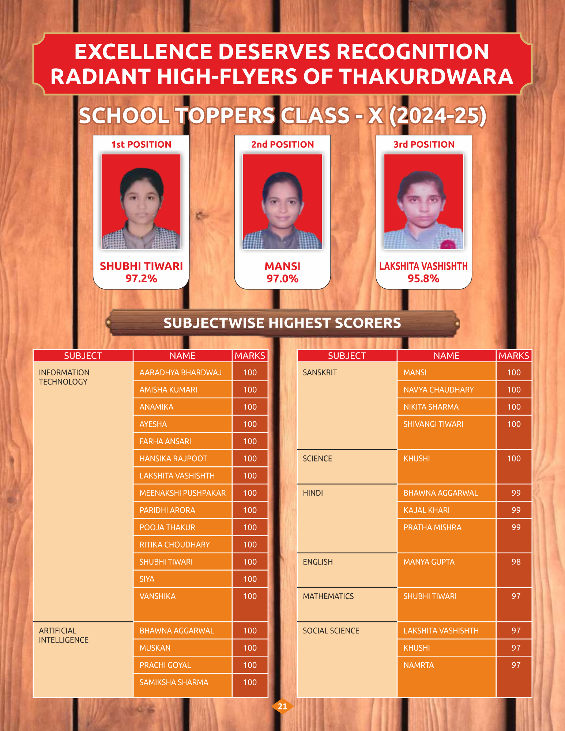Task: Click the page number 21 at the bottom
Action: (282, 706)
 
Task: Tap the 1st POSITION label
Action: (141, 144)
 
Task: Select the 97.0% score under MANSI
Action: (282, 279)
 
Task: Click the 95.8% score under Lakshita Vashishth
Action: (423, 279)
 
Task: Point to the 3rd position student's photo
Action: (423, 201)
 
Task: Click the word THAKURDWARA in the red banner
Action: (426, 76)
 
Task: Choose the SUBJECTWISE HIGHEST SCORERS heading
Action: (282, 323)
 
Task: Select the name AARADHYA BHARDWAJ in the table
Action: (181, 372)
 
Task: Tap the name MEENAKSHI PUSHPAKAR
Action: (182, 493)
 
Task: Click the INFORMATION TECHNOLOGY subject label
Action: (64, 377)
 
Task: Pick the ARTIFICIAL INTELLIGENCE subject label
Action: (64, 635)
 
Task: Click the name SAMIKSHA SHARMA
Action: (174, 682)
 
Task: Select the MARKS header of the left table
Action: (250, 356)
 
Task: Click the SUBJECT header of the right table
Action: (347, 356)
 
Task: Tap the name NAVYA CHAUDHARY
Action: (438, 390)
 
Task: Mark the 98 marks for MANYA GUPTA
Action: (516, 562)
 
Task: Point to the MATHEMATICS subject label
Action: (328, 596)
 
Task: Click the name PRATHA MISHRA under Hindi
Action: (432, 527)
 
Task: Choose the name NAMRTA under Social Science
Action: (418, 665)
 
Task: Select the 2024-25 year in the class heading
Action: (438, 116)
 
